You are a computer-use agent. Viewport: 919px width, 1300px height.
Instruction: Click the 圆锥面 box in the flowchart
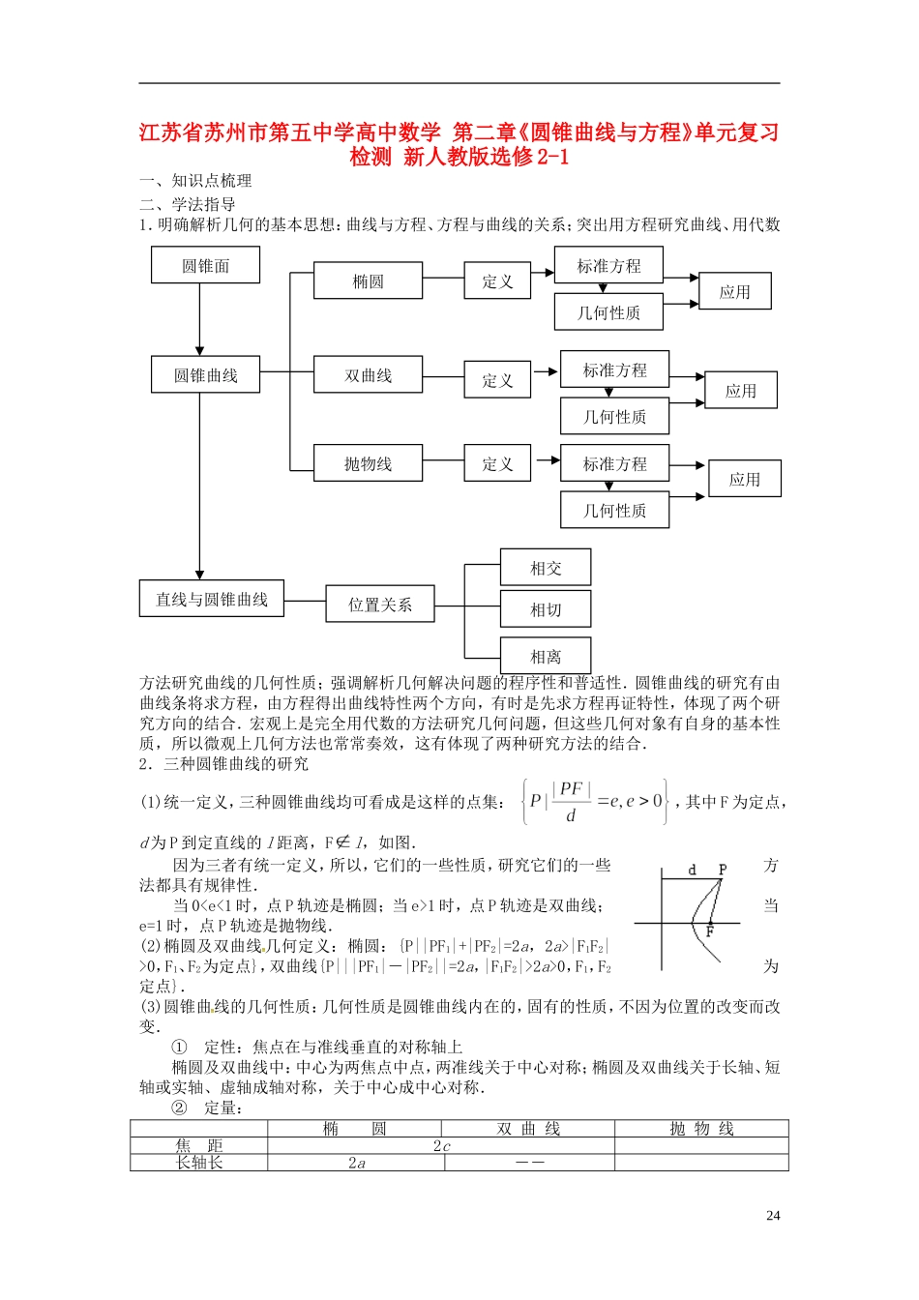[205, 265]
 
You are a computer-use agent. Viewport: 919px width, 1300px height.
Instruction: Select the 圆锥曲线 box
[205, 374]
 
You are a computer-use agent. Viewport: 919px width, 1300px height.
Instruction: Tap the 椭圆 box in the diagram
[368, 281]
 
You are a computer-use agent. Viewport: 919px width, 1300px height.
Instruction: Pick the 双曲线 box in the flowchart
[368, 375]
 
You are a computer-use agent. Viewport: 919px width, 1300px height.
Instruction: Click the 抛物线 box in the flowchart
[368, 463]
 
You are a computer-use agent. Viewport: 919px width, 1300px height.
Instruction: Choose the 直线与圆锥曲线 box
[212, 599]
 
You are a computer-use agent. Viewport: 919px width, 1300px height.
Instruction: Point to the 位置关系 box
[379, 605]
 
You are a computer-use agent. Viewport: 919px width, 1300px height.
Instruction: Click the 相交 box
[546, 568]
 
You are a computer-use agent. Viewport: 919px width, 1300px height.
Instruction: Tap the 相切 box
[546, 609]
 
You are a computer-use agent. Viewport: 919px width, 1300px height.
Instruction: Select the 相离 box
[546, 656]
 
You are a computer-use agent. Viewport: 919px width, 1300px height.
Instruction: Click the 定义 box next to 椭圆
[497, 281]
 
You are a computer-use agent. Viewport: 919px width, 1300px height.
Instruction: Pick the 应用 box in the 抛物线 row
[744, 479]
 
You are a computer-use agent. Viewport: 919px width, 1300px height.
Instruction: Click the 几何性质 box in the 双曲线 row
[614, 417]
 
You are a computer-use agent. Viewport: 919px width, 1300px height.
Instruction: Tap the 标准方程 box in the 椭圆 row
[608, 265]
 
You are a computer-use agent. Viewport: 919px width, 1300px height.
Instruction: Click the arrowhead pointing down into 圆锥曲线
[200, 350]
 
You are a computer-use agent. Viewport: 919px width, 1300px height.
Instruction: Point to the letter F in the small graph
[709, 931]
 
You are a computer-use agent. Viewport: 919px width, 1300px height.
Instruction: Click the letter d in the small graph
[692, 870]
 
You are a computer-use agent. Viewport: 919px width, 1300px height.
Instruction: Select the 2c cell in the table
[441, 1146]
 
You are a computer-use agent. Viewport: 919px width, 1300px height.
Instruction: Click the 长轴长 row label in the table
[199, 1163]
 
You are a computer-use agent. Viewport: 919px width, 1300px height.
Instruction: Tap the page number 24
[773, 1216]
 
